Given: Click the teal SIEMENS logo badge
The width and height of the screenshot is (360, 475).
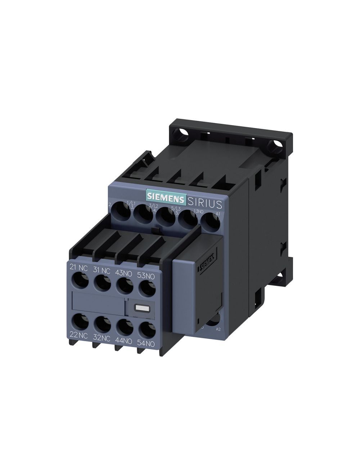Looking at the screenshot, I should coord(165,197).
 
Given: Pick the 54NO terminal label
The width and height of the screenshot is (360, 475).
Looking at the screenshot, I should coord(146,344).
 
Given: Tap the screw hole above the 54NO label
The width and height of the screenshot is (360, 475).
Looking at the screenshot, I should coord(146,329).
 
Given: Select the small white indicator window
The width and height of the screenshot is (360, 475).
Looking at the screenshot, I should coord(139,308).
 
